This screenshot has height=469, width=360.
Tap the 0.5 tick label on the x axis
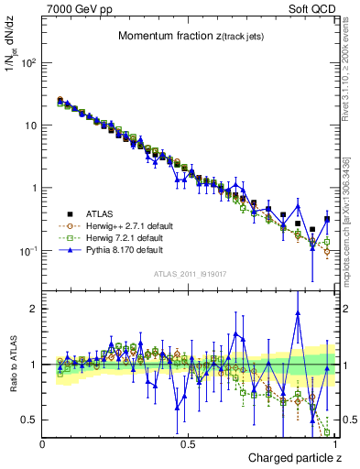click(x=188, y=442)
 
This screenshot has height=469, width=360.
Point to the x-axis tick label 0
click(x=43, y=442)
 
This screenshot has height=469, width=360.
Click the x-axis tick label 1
click(x=334, y=442)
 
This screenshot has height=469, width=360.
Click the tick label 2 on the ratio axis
click(x=35, y=309)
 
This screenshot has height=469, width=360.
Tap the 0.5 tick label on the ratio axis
click(x=30, y=420)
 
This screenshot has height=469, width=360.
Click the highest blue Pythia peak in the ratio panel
click(x=298, y=313)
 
